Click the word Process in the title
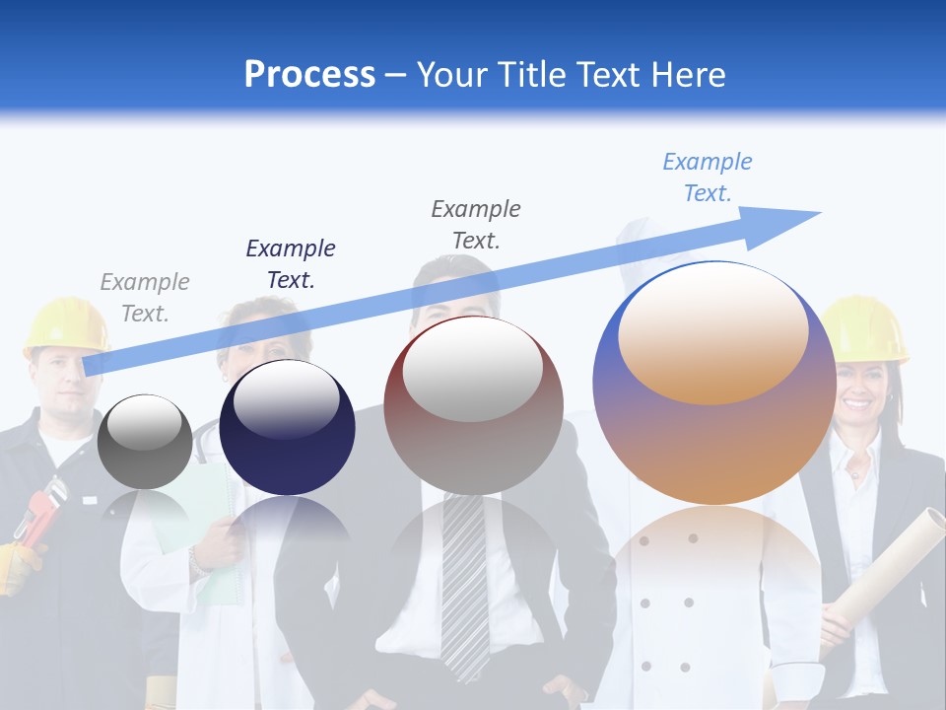tap(309, 74)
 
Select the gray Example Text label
tap(145, 298)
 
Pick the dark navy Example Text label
tap(291, 263)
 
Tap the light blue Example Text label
tap(708, 177)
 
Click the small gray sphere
tap(145, 441)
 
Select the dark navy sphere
tap(287, 427)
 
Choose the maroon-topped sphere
tap(473, 405)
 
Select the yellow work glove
tap(18, 567)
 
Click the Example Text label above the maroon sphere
tap(476, 224)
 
